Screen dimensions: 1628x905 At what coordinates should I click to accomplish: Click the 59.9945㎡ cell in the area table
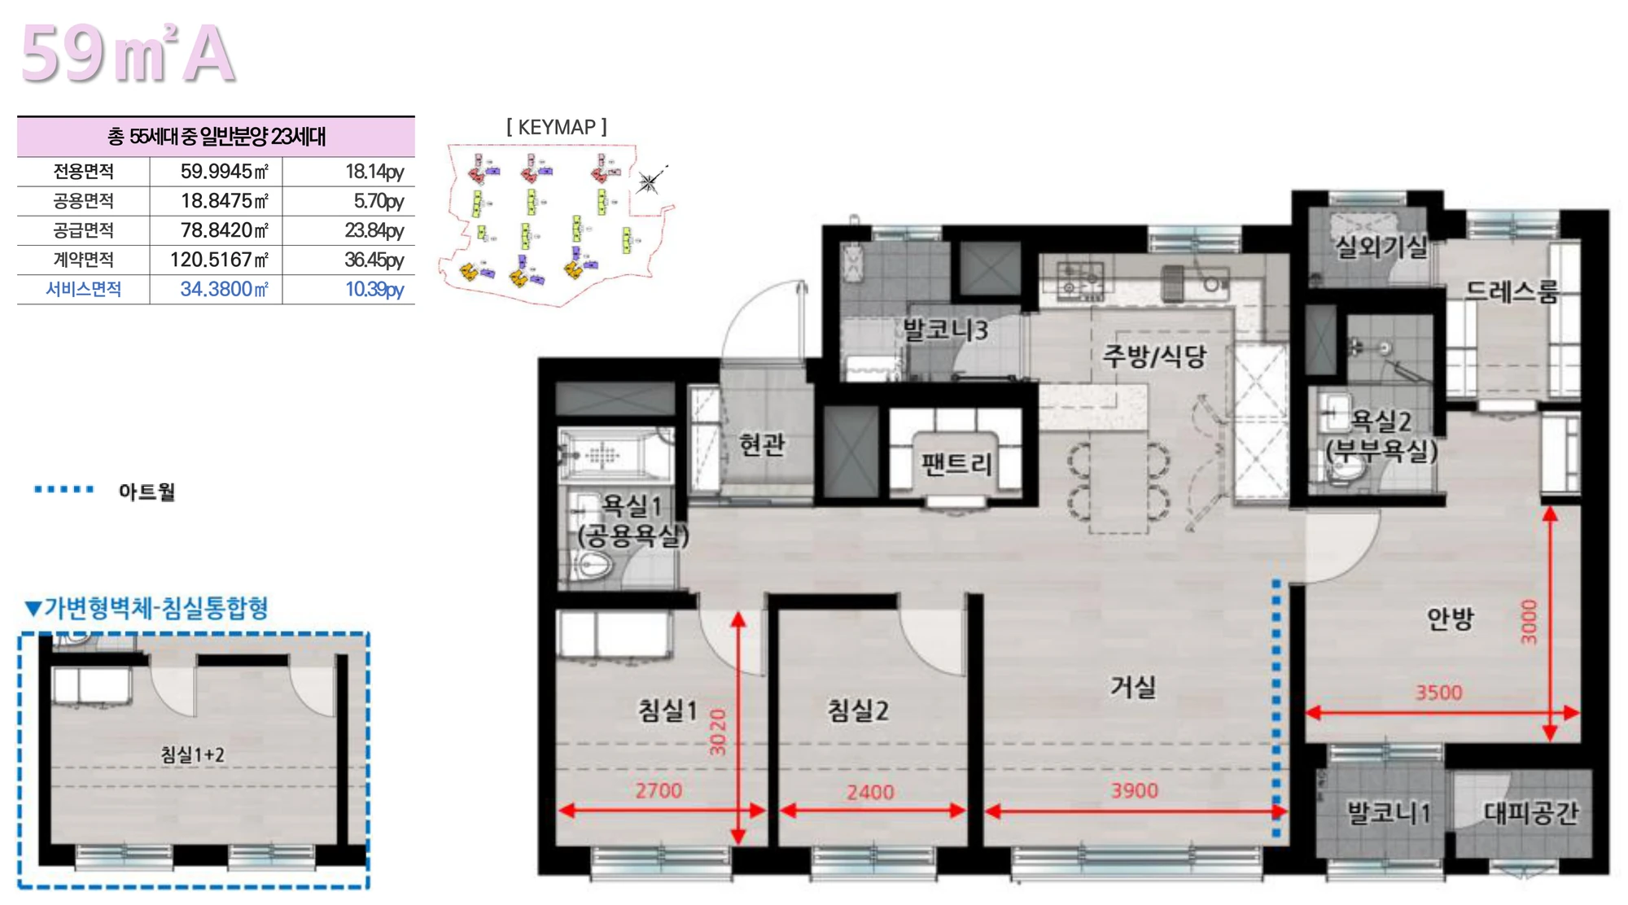tap(224, 172)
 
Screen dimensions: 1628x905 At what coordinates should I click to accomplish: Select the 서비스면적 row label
tap(83, 290)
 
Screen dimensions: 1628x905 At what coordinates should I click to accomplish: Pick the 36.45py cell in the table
tap(374, 260)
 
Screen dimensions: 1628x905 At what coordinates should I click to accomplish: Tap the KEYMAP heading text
tap(557, 127)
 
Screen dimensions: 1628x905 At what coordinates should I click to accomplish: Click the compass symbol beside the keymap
tap(649, 181)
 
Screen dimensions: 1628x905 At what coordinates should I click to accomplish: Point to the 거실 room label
tap(1133, 687)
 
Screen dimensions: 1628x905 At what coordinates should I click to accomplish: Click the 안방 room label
tap(1450, 619)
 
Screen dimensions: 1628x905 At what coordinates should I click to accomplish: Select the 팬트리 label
tap(956, 464)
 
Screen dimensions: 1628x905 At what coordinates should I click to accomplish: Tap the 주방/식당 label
tap(1153, 356)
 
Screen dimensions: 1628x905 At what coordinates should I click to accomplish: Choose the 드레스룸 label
tap(1512, 291)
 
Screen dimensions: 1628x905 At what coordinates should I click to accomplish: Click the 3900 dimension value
tap(1135, 790)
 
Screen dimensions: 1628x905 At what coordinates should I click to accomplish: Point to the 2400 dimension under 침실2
tap(870, 792)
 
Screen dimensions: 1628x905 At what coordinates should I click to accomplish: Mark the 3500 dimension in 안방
tap(1438, 693)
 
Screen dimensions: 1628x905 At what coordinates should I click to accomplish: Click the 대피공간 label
tap(1530, 812)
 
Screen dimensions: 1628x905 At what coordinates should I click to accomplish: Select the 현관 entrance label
tap(762, 444)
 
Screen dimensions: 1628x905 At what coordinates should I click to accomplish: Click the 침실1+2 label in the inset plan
tap(192, 754)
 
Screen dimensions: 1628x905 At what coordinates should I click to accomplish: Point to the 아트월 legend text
tap(147, 492)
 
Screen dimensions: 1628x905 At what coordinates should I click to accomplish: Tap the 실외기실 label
tap(1381, 246)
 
